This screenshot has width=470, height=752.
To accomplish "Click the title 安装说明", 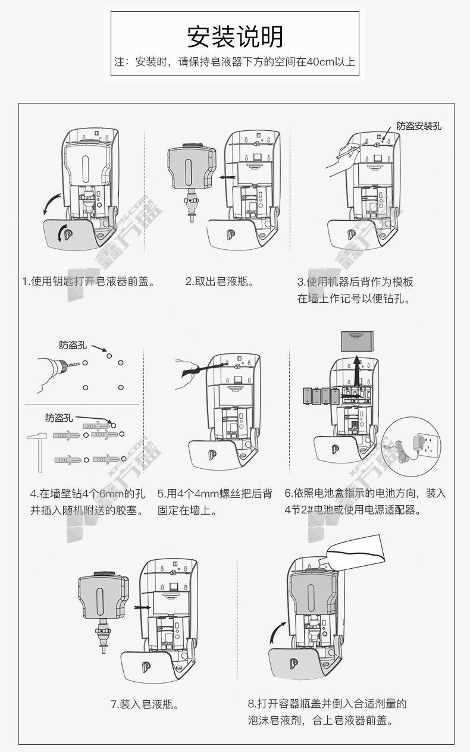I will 235,37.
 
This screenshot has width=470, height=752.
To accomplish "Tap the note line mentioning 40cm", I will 235,62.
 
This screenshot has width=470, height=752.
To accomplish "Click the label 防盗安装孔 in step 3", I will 419,126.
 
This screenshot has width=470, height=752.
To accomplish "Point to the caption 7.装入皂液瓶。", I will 145,704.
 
